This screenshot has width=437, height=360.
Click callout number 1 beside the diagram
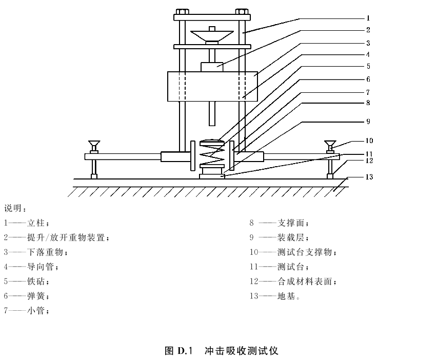pyautogui.click(x=368, y=18)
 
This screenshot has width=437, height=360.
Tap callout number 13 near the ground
pyautogui.click(x=369, y=177)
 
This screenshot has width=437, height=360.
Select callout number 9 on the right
pyautogui.click(x=368, y=122)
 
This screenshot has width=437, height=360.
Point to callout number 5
pyautogui.click(x=368, y=66)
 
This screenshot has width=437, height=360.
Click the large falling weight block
pyautogui.click(x=212, y=86)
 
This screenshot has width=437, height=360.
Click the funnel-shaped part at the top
pyautogui.click(x=212, y=36)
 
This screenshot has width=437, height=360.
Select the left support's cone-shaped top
pyautogui.click(x=94, y=145)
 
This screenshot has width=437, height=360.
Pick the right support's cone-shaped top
pyautogui.click(x=330, y=145)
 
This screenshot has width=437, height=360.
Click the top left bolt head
pyautogui.click(x=183, y=12)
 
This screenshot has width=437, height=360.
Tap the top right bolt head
pyautogui.click(x=242, y=12)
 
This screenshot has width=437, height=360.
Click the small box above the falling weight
pyautogui.click(x=212, y=67)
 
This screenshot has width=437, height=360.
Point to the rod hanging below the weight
pyautogui.click(x=212, y=113)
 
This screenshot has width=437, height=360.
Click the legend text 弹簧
pyautogui.click(x=36, y=296)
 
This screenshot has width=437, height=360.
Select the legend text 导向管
pyautogui.click(x=41, y=267)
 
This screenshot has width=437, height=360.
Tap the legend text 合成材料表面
pyautogui.click(x=305, y=282)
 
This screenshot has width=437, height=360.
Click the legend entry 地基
pyautogui.click(x=286, y=296)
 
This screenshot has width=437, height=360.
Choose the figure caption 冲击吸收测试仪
pyautogui.click(x=242, y=351)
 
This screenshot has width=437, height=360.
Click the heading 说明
pyautogui.click(x=13, y=208)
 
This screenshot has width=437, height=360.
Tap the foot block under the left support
pyautogui.click(x=94, y=176)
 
